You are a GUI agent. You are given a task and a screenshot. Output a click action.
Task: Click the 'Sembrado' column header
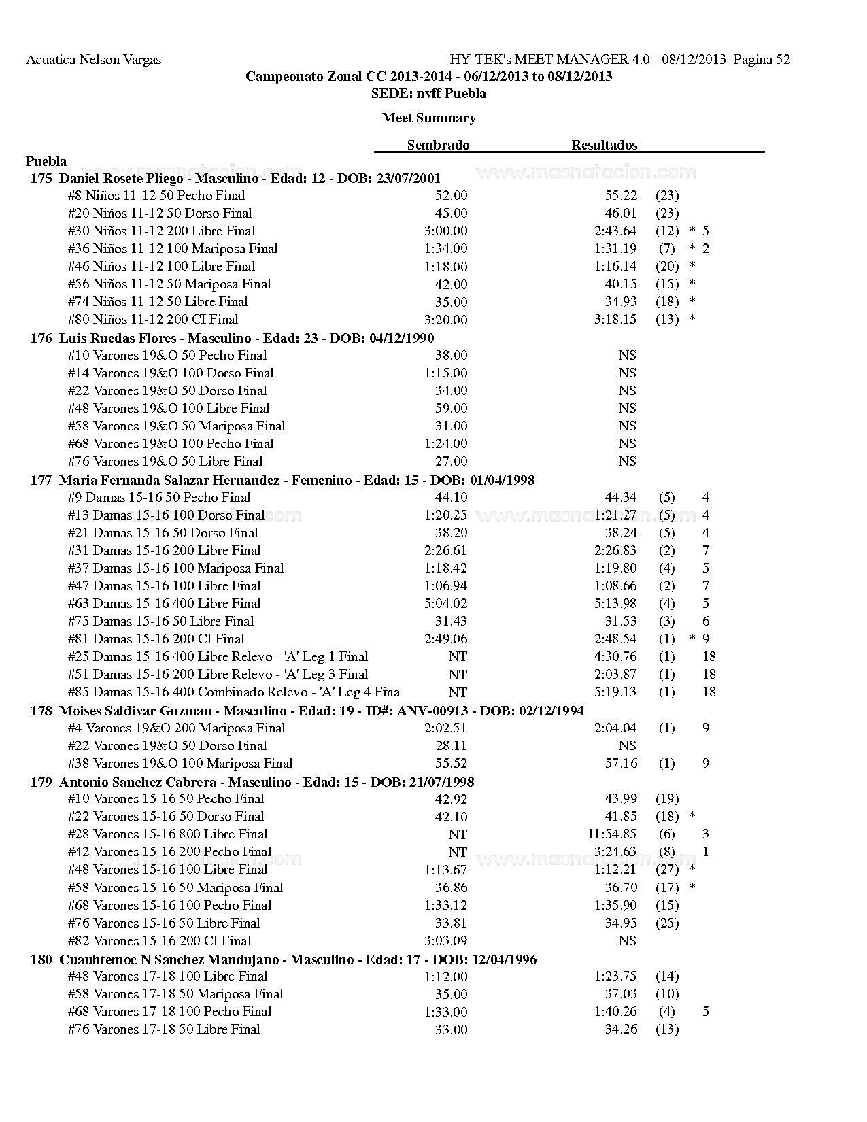[x=438, y=145]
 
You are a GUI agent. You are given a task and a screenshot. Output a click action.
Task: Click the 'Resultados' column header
[x=604, y=145]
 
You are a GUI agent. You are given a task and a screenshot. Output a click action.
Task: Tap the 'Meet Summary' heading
[x=428, y=118]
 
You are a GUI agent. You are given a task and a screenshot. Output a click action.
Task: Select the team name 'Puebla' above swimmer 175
[x=46, y=161]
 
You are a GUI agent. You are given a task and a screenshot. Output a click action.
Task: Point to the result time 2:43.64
[x=615, y=231]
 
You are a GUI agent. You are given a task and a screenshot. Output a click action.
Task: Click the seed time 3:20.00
[x=445, y=320]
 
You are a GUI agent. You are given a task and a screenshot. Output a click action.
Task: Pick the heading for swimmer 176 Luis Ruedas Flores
[x=232, y=338]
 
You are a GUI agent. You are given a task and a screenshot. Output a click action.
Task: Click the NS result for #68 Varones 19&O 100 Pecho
[x=627, y=443]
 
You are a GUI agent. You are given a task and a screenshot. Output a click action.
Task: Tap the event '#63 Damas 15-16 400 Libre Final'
[x=164, y=603]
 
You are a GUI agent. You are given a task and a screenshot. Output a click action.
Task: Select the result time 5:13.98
[x=615, y=603]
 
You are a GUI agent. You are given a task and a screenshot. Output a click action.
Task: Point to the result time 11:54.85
[x=612, y=834]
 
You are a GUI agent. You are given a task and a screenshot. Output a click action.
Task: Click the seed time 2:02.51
[x=445, y=728]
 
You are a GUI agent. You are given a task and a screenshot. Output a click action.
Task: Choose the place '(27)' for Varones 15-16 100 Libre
[x=667, y=870]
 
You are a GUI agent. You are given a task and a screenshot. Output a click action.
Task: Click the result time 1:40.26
[x=615, y=1011]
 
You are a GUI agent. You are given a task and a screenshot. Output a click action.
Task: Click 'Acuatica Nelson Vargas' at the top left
[x=93, y=59]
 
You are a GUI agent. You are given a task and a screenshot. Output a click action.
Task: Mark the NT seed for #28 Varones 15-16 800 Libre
[x=458, y=834]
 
